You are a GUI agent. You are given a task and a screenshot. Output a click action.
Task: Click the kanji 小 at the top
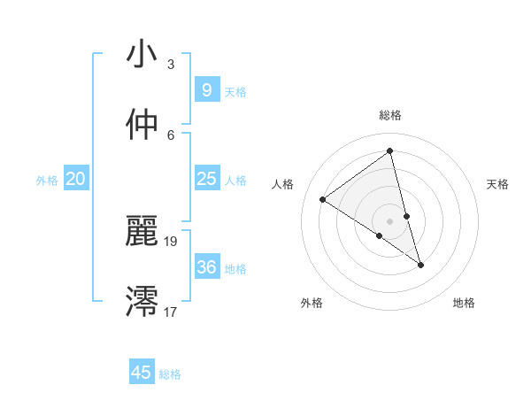click(x=142, y=54)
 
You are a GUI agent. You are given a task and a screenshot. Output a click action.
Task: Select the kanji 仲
click(x=142, y=125)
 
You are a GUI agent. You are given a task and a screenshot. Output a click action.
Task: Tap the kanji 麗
click(x=142, y=231)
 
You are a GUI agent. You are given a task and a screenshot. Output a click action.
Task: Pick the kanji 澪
click(x=142, y=301)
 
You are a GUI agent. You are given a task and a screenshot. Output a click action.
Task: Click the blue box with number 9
click(x=206, y=90)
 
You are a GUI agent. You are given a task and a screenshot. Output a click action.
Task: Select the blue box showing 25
click(x=206, y=179)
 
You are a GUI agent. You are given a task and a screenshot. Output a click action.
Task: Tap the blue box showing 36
click(x=206, y=266)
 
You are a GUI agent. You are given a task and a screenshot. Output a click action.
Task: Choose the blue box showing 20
click(x=75, y=179)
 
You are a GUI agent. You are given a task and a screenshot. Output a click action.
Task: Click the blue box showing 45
click(x=142, y=373)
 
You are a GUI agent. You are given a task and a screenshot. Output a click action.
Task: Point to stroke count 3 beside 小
click(x=171, y=65)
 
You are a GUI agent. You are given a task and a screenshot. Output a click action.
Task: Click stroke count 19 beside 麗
click(x=171, y=241)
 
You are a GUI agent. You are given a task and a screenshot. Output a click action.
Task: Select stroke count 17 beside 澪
click(x=171, y=312)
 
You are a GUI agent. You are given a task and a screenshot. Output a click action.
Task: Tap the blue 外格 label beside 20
click(x=47, y=181)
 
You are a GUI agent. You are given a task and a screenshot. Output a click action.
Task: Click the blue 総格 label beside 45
click(x=170, y=374)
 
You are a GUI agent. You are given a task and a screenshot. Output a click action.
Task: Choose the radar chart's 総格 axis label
click(x=390, y=116)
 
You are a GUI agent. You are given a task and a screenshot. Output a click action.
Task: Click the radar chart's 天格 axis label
click(x=498, y=184)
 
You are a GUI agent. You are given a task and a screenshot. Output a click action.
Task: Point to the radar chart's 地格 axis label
click(x=464, y=303)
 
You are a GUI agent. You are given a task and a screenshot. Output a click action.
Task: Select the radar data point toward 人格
click(x=322, y=199)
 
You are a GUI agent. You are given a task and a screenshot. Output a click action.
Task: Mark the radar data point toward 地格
click(x=420, y=265)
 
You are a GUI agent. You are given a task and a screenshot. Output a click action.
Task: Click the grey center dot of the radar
click(x=390, y=220)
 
